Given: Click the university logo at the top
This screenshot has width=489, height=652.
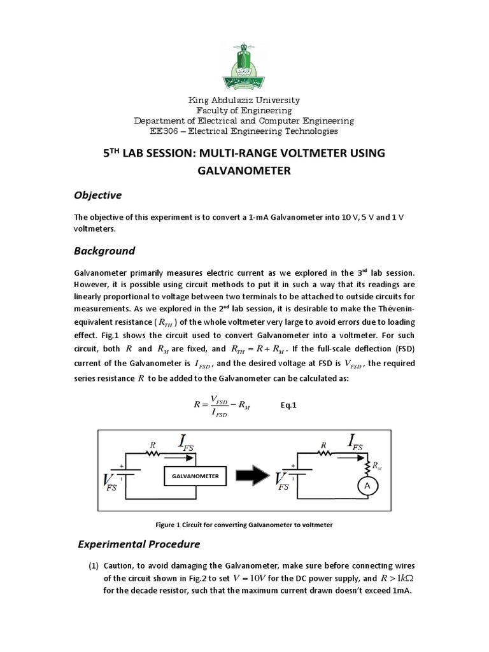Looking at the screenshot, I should point(244,64).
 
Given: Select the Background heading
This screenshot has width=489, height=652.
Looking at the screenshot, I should point(104,250).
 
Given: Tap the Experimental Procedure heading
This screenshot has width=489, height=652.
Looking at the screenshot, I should point(139,544).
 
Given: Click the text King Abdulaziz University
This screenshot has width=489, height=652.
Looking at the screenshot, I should point(244,101).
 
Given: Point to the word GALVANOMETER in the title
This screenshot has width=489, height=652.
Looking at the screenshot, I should point(244,170).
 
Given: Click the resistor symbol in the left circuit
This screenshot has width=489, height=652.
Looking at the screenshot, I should point(152,455).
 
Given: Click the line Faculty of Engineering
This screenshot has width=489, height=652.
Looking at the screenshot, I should point(244,111).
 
